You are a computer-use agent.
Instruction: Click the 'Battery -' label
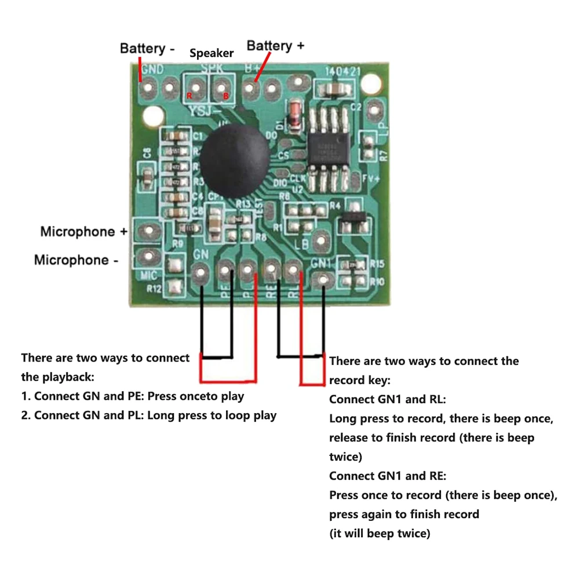(147, 48)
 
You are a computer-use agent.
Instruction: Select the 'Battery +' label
(275, 45)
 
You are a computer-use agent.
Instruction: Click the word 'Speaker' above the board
(211, 53)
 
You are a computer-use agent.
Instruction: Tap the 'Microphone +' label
(83, 232)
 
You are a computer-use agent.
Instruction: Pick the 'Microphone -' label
(76, 260)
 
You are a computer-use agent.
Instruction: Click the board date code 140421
(342, 71)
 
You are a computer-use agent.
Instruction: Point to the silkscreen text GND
(152, 69)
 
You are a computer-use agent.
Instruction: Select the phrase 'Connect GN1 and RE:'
(388, 476)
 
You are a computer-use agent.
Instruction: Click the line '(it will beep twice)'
(380, 533)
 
